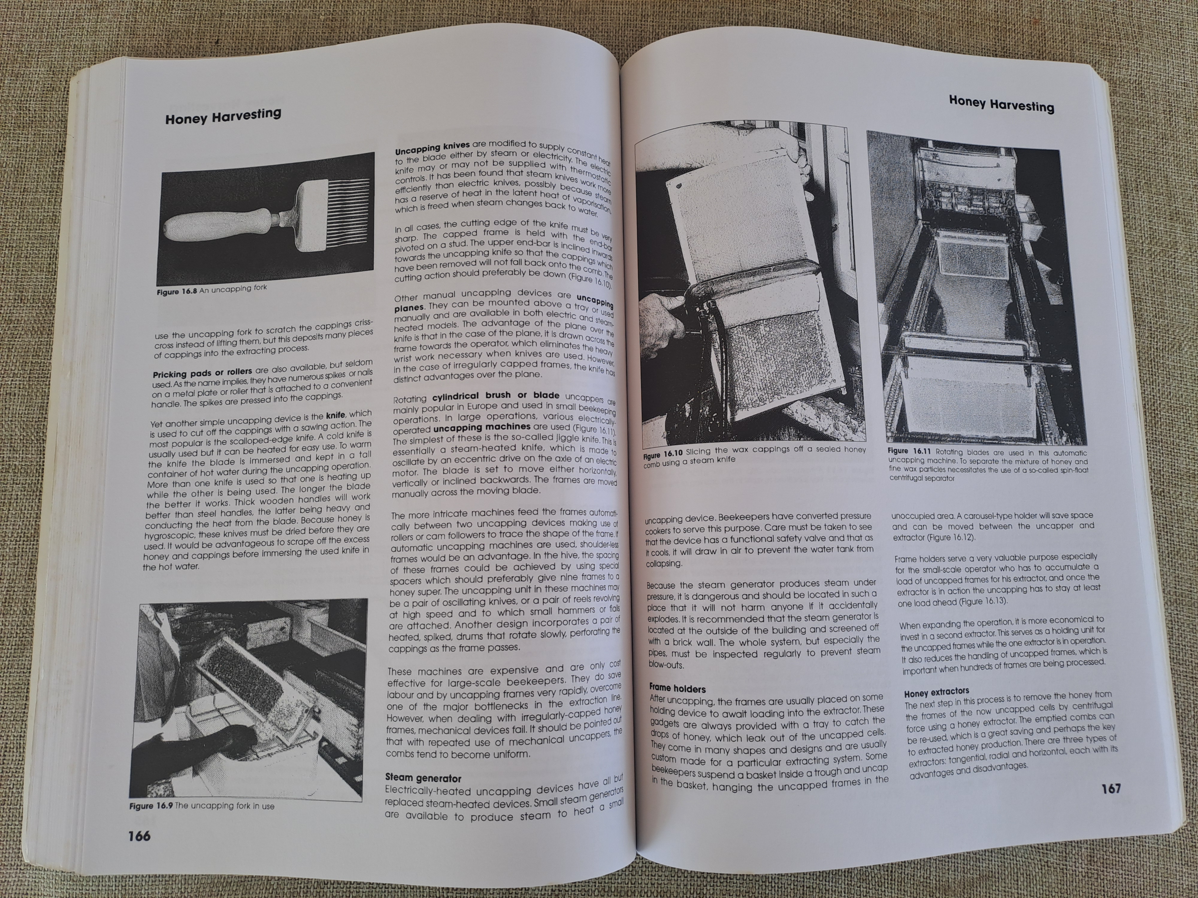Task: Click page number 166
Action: (139, 836)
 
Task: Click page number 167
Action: (1111, 789)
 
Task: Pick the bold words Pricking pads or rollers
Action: (202, 373)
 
